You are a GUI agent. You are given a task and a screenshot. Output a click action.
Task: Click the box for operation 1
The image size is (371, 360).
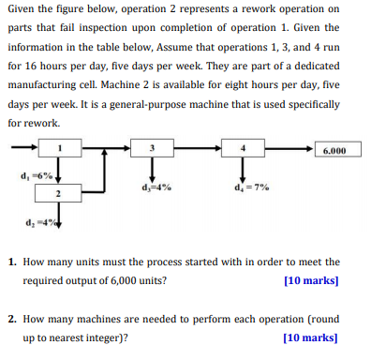59,147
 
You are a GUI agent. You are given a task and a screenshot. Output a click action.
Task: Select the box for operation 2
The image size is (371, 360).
58,193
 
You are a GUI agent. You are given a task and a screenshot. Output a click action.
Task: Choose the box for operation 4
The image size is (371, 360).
243,147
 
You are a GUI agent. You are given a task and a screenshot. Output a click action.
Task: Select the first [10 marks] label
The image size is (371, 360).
310,279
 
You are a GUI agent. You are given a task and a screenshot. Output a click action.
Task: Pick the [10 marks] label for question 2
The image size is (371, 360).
310,337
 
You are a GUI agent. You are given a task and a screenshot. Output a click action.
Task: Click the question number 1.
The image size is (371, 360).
11,262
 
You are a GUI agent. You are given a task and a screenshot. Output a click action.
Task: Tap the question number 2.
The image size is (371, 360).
11,319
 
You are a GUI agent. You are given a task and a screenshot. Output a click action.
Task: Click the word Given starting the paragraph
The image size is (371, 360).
23,11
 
